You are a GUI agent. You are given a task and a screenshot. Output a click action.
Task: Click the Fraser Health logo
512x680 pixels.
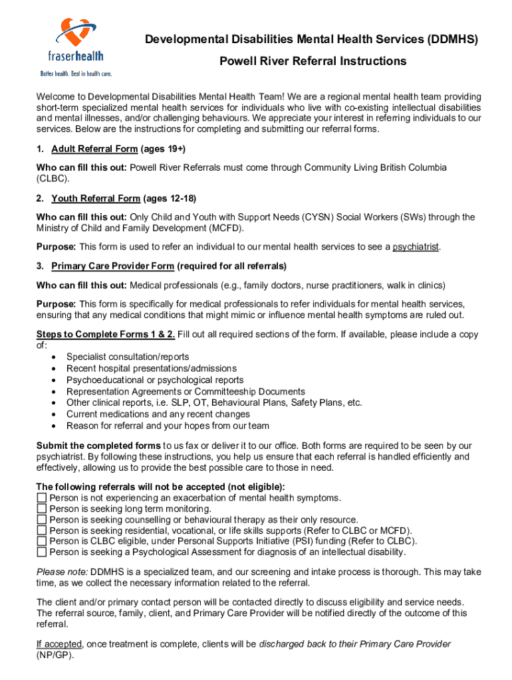[73, 46]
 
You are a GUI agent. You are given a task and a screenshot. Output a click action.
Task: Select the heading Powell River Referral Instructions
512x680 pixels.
[313, 61]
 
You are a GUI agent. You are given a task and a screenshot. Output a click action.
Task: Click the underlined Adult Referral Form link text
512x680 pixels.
[94, 149]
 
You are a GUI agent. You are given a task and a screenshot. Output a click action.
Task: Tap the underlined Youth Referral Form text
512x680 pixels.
[96, 199]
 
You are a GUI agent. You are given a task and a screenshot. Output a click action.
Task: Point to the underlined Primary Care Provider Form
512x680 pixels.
[113, 266]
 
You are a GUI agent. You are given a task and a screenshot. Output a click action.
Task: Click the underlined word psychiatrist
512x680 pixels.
[416, 247]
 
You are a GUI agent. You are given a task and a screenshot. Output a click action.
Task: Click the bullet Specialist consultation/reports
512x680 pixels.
[128, 357]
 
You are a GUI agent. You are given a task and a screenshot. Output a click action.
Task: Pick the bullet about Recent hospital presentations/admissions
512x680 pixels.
[151, 369]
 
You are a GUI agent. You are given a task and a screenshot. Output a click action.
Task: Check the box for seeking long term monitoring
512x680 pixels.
[42, 509]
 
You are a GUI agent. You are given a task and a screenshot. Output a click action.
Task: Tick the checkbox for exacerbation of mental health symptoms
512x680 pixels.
[42, 498]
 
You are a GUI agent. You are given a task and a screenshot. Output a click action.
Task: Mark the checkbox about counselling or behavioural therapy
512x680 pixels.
[42, 519]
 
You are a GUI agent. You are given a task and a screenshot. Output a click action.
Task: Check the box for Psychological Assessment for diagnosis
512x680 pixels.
[42, 551]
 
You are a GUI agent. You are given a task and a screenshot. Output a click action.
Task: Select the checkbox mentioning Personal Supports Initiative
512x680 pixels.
[42, 541]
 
